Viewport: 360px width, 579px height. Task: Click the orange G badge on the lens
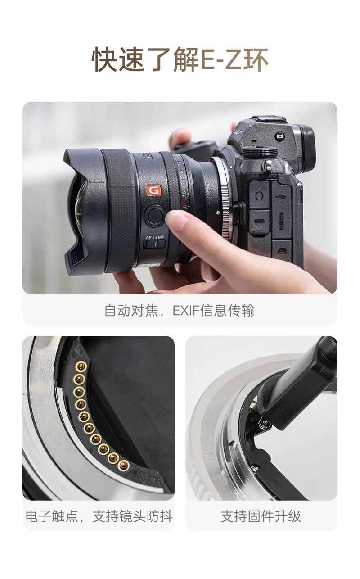click(x=154, y=190)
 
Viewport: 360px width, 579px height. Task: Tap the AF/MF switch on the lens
click(x=154, y=244)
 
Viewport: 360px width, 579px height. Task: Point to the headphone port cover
click(x=259, y=195)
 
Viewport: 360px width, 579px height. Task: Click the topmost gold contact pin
click(x=81, y=366)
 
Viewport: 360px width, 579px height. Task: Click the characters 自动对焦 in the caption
click(x=131, y=311)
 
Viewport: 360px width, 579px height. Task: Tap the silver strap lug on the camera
click(x=268, y=166)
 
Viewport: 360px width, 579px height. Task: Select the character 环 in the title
click(x=256, y=60)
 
